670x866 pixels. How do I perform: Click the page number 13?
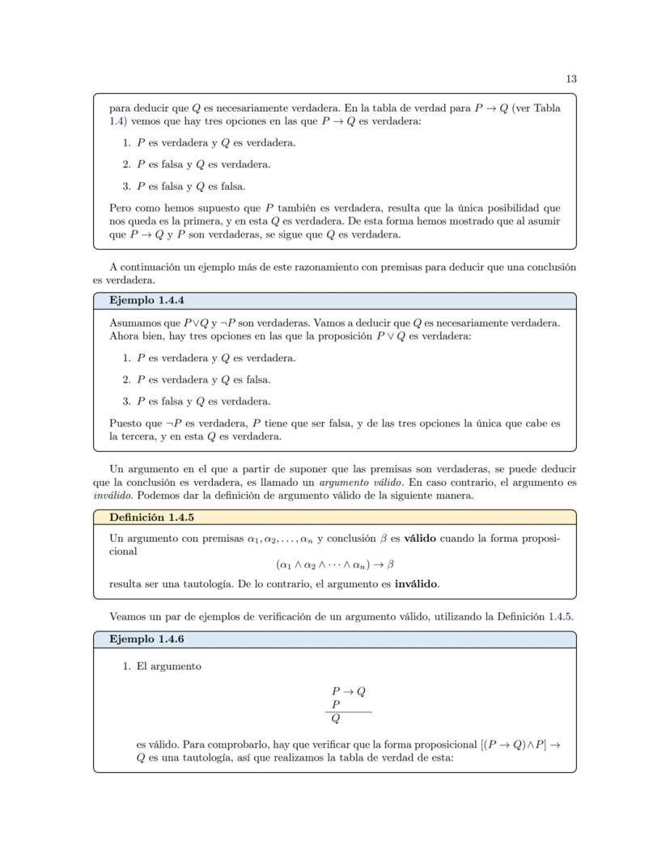coord(570,78)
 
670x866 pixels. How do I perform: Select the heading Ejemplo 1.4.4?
coord(142,300)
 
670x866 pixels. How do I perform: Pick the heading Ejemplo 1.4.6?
coord(142,639)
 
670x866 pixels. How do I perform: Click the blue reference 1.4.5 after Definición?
coord(560,617)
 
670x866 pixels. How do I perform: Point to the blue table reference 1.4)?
coord(117,120)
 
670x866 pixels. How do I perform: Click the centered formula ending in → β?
coord(334,564)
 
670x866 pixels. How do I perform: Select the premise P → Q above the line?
coord(348,691)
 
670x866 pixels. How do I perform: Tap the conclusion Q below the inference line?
coord(336,718)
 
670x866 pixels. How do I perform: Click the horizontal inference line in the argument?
coord(349,712)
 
